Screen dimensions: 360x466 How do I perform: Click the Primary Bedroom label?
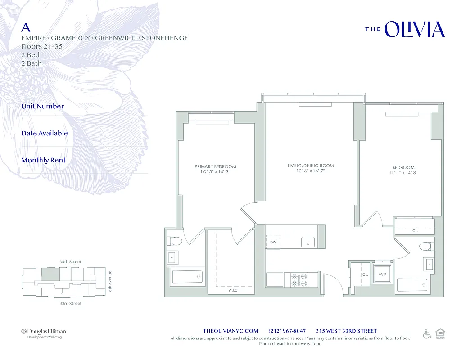coord(215,166)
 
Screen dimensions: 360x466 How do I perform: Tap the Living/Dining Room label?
coord(311,166)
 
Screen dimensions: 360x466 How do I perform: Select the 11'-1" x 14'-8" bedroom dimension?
coord(403,173)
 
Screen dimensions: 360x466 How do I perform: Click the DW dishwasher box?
coord(273,242)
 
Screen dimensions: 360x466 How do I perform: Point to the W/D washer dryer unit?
coord(382,274)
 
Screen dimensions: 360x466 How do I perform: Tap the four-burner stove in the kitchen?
coord(299,279)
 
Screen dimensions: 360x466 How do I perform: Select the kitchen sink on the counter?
coord(308,242)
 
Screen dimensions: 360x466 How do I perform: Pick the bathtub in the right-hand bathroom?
coord(412,284)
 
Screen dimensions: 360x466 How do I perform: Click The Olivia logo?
coord(404,29)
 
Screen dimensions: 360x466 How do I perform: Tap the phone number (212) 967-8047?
coord(287,331)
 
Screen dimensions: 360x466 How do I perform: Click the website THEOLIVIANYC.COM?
coord(231,331)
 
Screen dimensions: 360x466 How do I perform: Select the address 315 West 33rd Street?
coord(346,331)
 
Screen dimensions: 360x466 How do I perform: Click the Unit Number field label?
coord(43,106)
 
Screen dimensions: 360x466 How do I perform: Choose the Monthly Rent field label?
coord(43,160)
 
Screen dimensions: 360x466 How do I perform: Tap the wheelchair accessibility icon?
coord(427,333)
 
